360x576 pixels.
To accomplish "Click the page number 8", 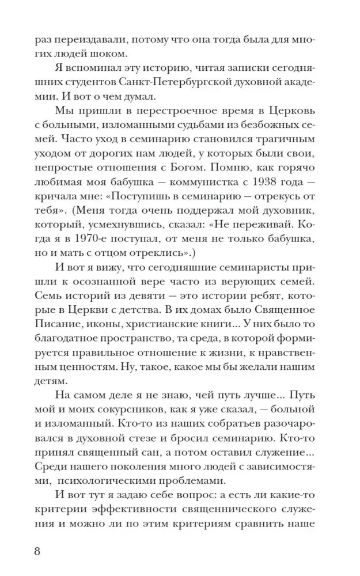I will click(x=38, y=550).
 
